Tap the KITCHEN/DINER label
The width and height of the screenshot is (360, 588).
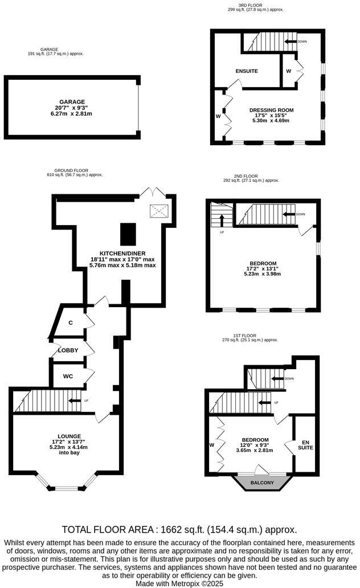point(122,253)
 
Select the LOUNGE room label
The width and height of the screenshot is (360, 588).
point(65,436)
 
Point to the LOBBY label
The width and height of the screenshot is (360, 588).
point(68,350)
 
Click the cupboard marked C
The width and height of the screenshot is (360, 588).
point(71,323)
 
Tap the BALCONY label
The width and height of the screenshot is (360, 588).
point(262,483)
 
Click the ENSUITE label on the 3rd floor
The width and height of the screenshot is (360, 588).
point(247,71)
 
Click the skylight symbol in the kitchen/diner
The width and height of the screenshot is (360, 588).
point(158,211)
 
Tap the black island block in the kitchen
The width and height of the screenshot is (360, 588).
point(128,234)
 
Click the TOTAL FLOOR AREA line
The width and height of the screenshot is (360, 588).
point(179,529)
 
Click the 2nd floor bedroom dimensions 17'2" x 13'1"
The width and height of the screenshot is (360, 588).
point(263,268)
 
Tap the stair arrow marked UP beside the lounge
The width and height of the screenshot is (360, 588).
point(75,401)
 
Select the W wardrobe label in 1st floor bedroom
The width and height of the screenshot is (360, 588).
point(211,445)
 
